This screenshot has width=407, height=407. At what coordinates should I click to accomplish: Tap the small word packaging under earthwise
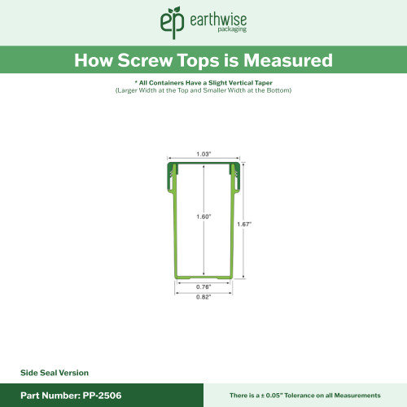(x=208, y=30)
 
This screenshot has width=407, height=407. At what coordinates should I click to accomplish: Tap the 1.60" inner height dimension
(x=203, y=217)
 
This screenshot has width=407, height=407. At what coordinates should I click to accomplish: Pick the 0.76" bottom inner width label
(x=203, y=287)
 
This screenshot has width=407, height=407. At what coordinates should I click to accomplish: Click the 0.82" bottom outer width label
(x=203, y=297)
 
